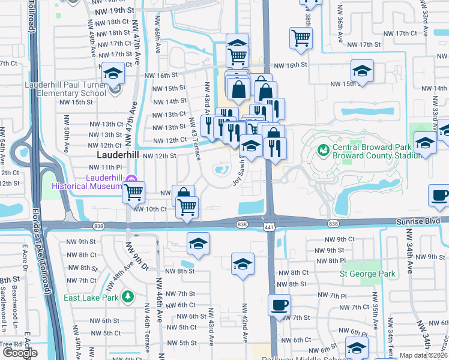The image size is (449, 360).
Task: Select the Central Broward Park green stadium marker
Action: (322, 148)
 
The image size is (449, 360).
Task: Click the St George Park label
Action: (367, 274)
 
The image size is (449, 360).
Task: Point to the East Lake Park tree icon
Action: (127, 296)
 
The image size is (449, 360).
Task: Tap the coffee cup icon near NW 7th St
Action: (279, 305)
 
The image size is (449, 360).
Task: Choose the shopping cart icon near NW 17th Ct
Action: (301, 38)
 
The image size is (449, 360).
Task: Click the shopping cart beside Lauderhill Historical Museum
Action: (133, 191)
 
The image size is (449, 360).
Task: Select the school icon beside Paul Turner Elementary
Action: (113, 73)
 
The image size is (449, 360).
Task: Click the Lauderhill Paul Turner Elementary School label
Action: (65, 89)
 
